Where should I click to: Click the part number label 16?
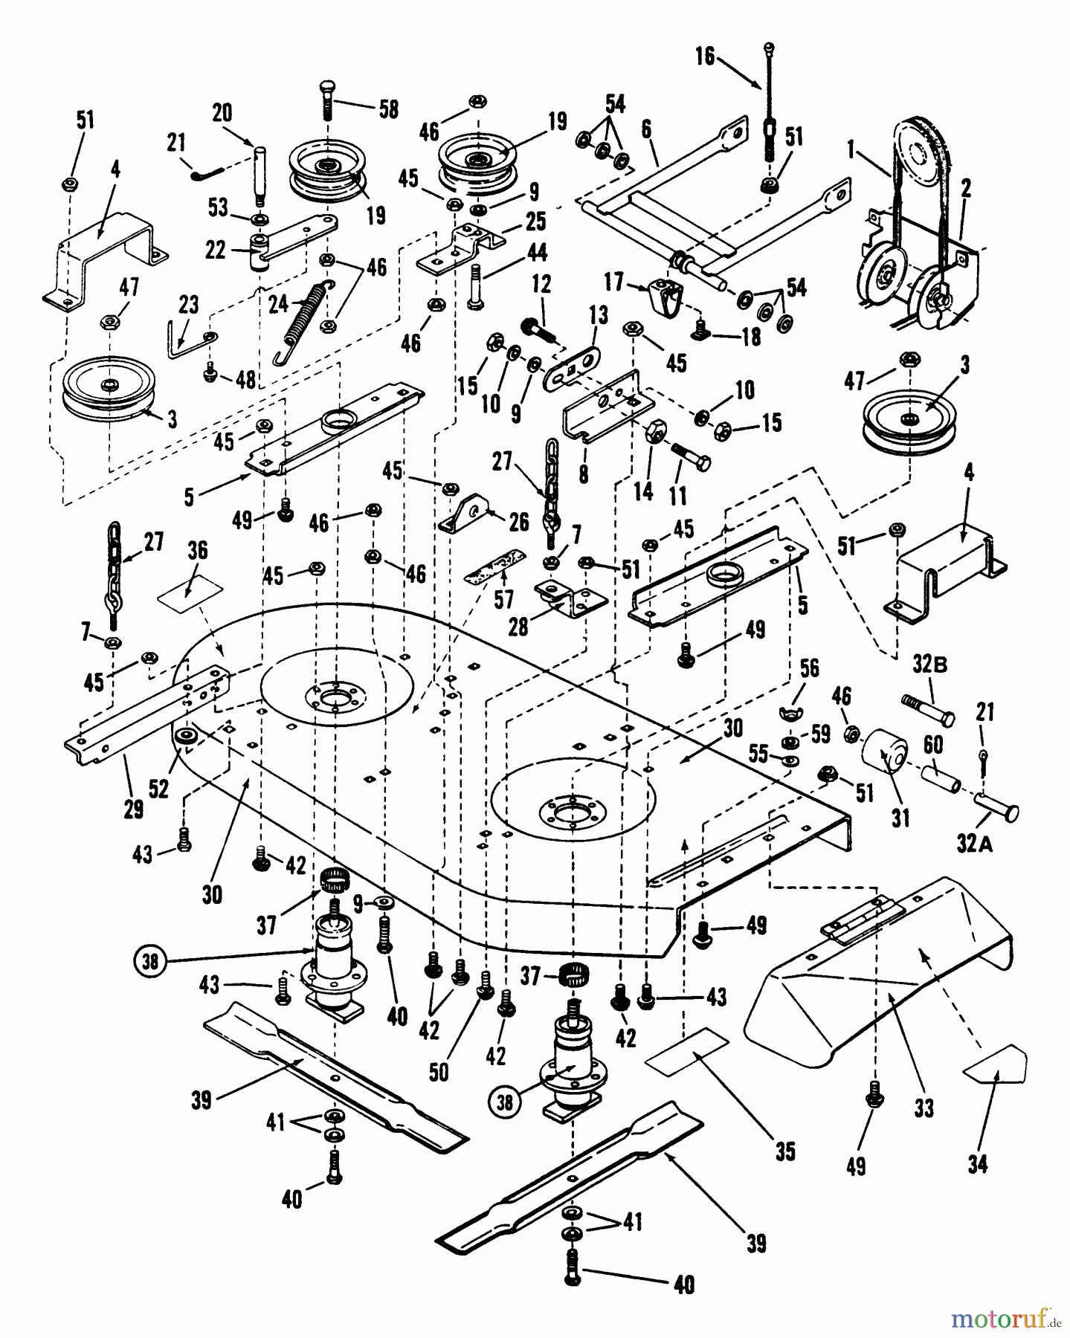pyautogui.click(x=704, y=56)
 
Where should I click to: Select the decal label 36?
pyautogui.click(x=197, y=552)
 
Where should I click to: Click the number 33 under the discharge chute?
pyautogui.click(x=924, y=1108)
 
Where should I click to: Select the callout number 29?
pyautogui.click(x=133, y=808)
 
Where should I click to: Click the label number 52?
pyautogui.click(x=158, y=789)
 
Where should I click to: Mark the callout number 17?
pyautogui.click(x=614, y=283)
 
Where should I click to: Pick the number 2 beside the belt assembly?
pyautogui.click(x=965, y=190)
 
